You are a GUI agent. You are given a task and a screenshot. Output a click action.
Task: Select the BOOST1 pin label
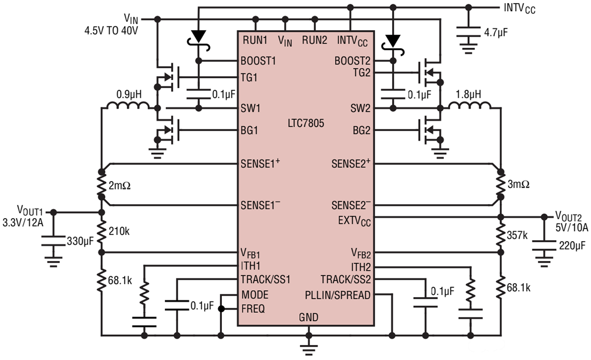coord(259,61)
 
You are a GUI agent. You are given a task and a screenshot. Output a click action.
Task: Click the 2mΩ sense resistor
coord(100,184)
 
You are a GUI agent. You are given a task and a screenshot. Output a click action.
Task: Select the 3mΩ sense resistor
coord(500,184)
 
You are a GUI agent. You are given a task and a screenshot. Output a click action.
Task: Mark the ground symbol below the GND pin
coord(308,347)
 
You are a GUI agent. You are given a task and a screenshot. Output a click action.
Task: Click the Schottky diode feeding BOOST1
coord(199,36)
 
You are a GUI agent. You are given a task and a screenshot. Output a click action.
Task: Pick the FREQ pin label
coord(254,308)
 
